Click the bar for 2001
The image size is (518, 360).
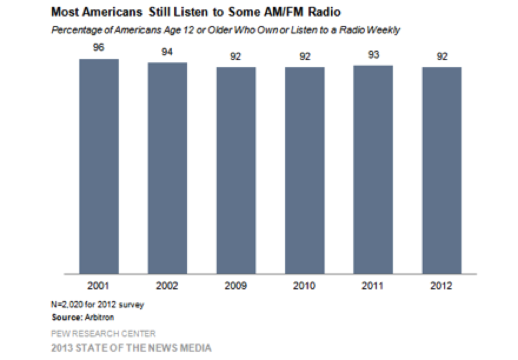(x=99, y=166)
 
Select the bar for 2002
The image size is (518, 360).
(x=167, y=168)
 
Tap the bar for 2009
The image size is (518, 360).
(x=235, y=171)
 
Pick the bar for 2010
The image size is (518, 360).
(x=304, y=171)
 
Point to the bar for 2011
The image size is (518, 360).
(x=373, y=169)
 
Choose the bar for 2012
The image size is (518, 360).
(x=441, y=171)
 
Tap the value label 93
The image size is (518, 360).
(x=373, y=55)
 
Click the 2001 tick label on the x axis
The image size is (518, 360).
(x=99, y=287)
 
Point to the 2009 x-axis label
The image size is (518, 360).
(x=235, y=287)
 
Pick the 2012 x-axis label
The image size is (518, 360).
(x=441, y=287)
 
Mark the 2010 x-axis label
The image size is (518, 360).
(x=304, y=287)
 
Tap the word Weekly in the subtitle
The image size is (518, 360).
(x=384, y=29)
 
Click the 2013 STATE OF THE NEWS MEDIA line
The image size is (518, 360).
(x=130, y=347)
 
